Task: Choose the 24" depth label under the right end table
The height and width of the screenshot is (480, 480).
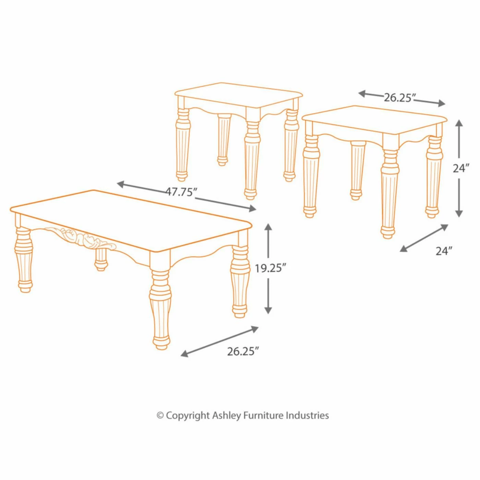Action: coord(444,251)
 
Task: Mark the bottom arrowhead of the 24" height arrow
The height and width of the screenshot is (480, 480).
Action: coord(459,213)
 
